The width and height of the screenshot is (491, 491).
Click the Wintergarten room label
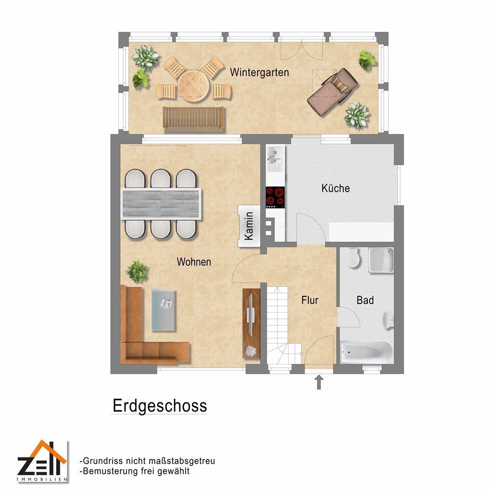tap(259, 72)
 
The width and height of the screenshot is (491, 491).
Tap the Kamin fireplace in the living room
tap(249, 226)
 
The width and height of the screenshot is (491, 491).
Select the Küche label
tap(335, 188)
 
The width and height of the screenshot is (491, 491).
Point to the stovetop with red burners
tap(275, 197)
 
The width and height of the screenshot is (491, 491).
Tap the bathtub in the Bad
tap(366, 352)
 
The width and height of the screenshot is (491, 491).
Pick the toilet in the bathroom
tap(353, 257)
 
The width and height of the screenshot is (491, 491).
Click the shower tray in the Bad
tap(381, 260)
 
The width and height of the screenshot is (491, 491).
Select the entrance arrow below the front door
tap(319, 382)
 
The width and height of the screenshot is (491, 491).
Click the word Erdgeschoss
tap(160, 406)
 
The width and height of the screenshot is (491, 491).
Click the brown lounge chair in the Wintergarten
tap(332, 92)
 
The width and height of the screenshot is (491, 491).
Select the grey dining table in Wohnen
tap(161, 203)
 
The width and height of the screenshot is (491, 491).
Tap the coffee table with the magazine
tap(163, 310)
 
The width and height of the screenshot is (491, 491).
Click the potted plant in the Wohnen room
tap(137, 271)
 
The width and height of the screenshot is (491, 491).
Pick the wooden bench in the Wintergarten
tap(194, 119)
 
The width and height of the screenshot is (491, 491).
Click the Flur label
tap(310, 300)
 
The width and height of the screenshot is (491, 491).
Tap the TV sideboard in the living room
tap(251, 324)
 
